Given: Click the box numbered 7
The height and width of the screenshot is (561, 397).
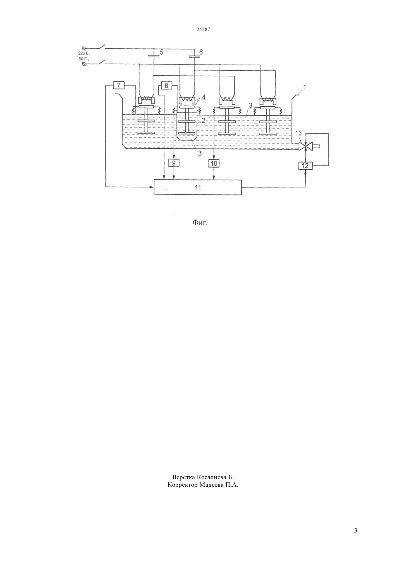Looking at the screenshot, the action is (119, 85).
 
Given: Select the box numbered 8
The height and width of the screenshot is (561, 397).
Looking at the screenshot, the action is (166, 86).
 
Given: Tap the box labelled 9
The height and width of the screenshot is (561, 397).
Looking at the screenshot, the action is (174, 164).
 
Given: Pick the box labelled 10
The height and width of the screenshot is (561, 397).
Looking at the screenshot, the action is (214, 164).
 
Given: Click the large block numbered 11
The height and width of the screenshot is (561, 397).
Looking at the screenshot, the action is (198, 187).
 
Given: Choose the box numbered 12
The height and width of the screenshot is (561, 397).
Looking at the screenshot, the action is (305, 165).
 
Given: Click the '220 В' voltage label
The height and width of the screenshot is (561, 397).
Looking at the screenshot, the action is (84, 53).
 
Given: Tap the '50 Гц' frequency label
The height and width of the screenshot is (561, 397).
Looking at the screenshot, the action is (84, 59).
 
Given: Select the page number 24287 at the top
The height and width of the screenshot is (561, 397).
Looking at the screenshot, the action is (203, 30).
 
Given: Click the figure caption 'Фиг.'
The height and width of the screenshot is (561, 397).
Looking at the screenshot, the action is (200, 222).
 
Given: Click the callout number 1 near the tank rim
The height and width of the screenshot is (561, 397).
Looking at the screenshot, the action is (304, 87).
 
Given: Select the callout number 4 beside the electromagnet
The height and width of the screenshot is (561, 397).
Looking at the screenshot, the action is (204, 97).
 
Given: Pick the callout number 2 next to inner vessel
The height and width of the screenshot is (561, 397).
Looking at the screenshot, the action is (203, 120).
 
